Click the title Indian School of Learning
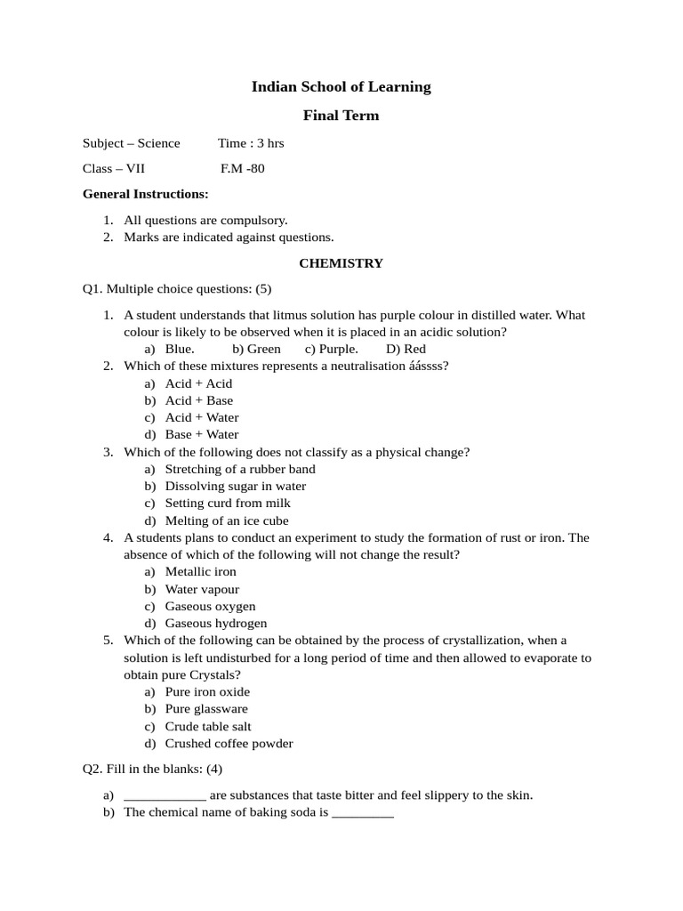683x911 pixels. tap(341, 87)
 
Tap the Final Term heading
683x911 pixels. tap(341, 115)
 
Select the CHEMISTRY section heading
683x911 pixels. tap(341, 263)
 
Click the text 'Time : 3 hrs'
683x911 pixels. tap(251, 143)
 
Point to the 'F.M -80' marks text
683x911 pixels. tap(242, 168)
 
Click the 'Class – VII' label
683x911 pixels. tap(113, 168)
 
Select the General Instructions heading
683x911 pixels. tap(146, 194)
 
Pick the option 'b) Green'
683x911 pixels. tap(256, 349)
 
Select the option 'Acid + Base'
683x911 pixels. tap(199, 400)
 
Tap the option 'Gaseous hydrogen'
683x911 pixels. tap(216, 624)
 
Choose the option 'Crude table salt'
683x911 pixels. tap(208, 727)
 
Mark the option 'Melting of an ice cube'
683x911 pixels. tap(227, 521)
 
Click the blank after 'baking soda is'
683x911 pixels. tap(362, 813)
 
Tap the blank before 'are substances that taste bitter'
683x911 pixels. tap(165, 796)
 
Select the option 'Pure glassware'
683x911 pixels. tap(207, 709)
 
